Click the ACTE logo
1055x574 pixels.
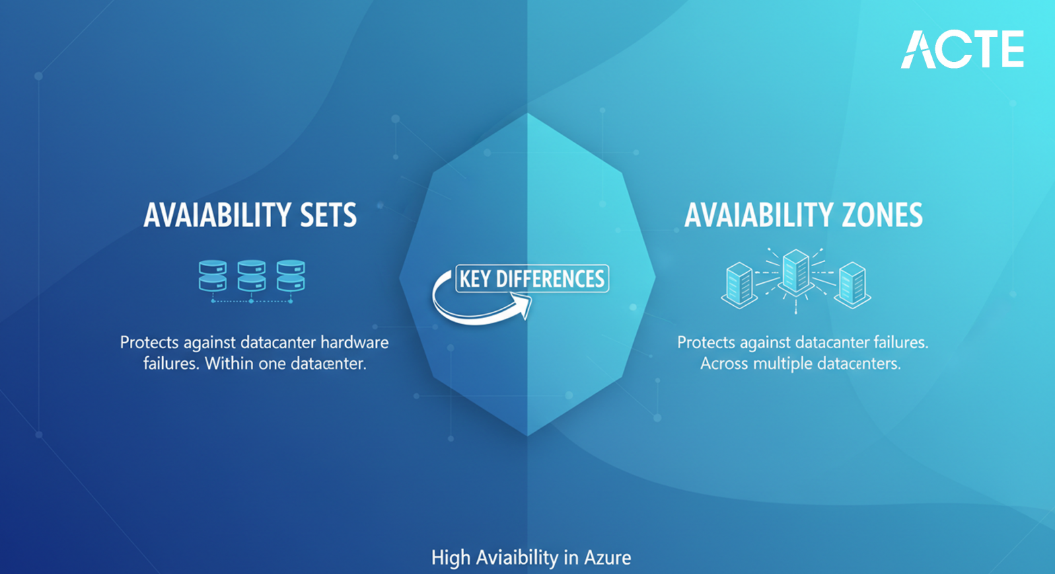tap(962, 49)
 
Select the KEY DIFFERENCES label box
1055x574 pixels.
tap(532, 279)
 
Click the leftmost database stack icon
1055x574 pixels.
tap(213, 276)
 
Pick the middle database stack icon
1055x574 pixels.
tap(252, 276)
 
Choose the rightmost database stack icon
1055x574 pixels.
tap(291, 276)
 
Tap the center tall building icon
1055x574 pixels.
tap(796, 272)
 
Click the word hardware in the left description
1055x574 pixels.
tap(354, 343)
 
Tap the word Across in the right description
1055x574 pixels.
tap(724, 364)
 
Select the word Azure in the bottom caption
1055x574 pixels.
tap(607, 558)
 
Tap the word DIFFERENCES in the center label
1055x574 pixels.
tap(550, 279)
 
